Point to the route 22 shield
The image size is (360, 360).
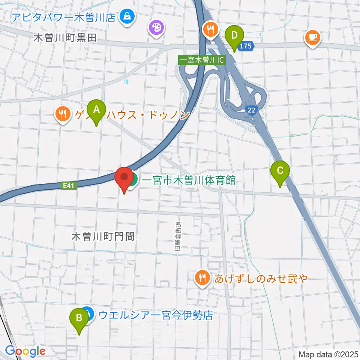point(252,109)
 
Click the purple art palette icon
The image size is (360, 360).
point(156,27)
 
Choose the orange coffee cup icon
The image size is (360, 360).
point(312,37)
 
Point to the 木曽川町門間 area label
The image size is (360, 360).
point(103,236)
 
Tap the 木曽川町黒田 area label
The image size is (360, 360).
point(65,37)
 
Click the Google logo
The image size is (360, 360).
point(25,351)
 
